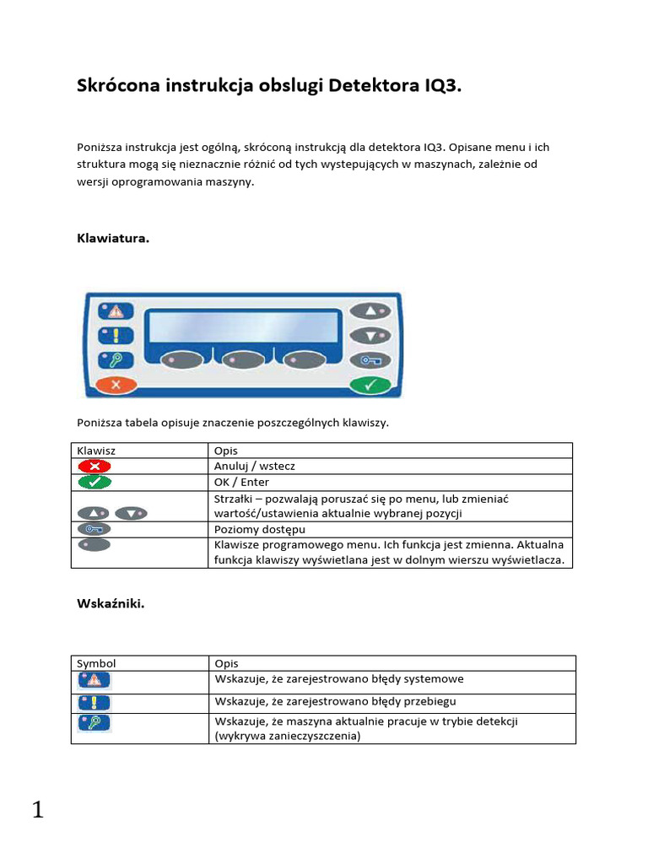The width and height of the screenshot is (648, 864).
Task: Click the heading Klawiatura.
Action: point(113,239)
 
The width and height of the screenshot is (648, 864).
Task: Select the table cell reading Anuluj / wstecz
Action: point(255,466)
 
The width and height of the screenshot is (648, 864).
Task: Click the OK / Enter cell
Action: point(242,482)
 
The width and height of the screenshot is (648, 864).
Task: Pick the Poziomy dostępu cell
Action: point(260,529)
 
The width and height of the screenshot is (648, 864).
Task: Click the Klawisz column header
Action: point(97,451)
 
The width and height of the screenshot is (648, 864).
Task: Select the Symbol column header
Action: point(96,663)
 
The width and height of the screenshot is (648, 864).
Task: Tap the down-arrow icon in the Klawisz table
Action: point(132,513)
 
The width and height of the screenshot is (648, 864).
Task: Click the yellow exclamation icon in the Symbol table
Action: point(94,702)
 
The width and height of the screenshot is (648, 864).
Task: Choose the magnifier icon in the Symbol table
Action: point(94,723)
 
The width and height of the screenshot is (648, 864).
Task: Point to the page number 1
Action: point(37,811)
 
